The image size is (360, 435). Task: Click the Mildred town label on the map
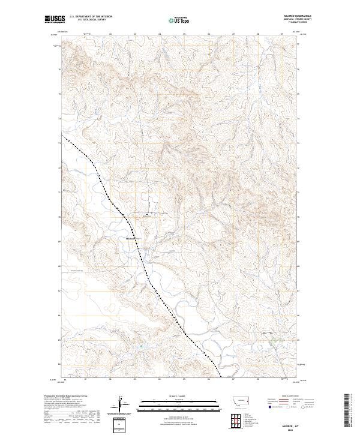[x=131, y=239]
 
